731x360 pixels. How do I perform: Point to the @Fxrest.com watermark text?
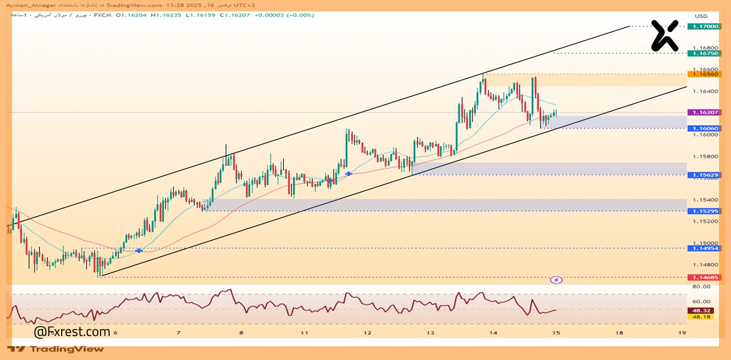[72, 331]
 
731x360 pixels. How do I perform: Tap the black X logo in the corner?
[665, 35]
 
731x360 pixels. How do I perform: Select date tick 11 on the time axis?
[304, 333]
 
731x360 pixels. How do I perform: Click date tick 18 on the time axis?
[619, 333]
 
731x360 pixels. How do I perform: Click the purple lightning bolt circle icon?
[556, 280]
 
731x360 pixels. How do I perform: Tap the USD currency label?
[701, 16]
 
